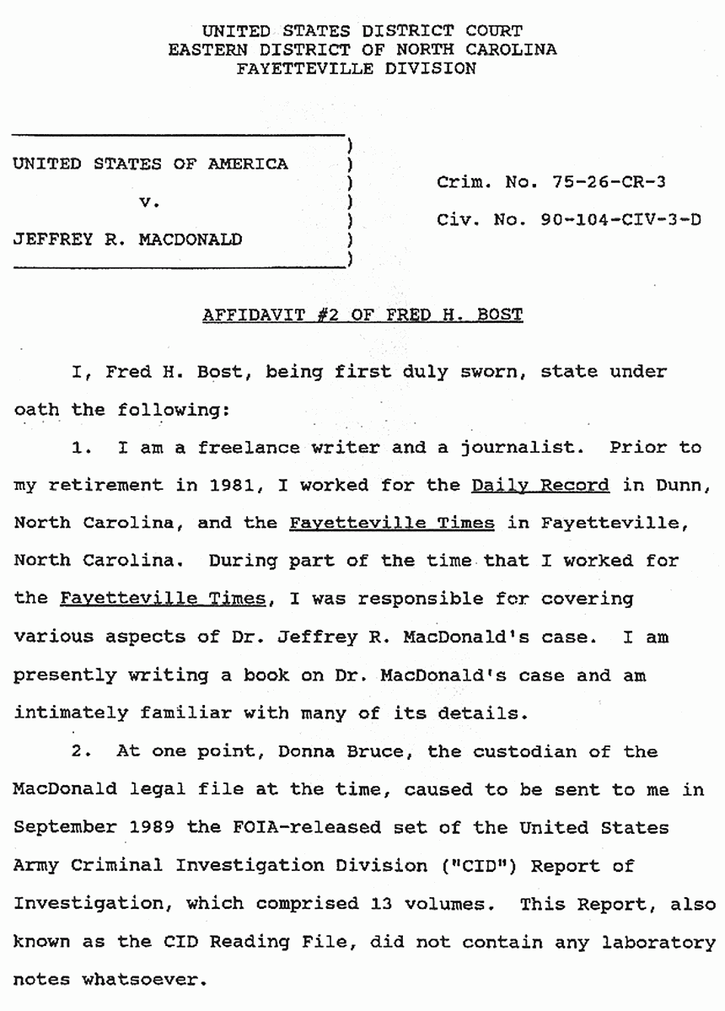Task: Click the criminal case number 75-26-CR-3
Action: click(x=602, y=181)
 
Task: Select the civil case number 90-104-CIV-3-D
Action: click(x=621, y=221)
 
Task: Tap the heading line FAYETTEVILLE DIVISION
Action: click(x=357, y=69)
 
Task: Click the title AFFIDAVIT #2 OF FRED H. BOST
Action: click(x=362, y=315)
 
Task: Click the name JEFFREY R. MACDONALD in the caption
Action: click(x=127, y=240)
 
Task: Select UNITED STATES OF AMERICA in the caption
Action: click(x=150, y=164)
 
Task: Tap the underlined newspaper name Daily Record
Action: click(x=540, y=486)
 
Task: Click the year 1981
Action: click(x=197, y=486)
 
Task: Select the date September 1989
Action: click(x=82, y=828)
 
